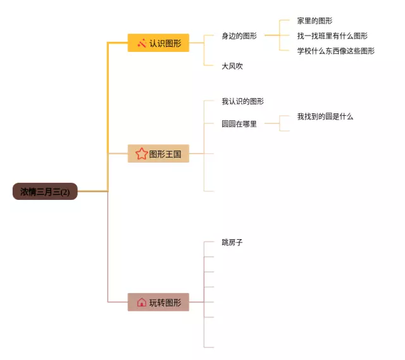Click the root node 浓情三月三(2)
click(x=45, y=191)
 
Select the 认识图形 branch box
click(x=158, y=43)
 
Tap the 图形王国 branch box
click(x=158, y=154)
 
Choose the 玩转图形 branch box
click(x=158, y=302)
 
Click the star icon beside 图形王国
click(x=141, y=154)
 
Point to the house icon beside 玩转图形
click(x=141, y=302)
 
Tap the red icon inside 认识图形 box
click(x=142, y=43)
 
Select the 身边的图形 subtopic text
click(x=239, y=36)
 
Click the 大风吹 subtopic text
click(x=232, y=66)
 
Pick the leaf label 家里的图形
click(x=315, y=21)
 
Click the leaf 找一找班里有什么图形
click(x=332, y=36)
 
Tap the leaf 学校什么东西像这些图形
click(x=335, y=51)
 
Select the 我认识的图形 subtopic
click(x=242, y=101)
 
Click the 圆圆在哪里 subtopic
click(x=239, y=124)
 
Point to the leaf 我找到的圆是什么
click(x=325, y=116)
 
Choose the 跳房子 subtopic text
click(x=232, y=242)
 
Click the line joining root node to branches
click(x=93, y=191)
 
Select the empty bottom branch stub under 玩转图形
click(x=209, y=347)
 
